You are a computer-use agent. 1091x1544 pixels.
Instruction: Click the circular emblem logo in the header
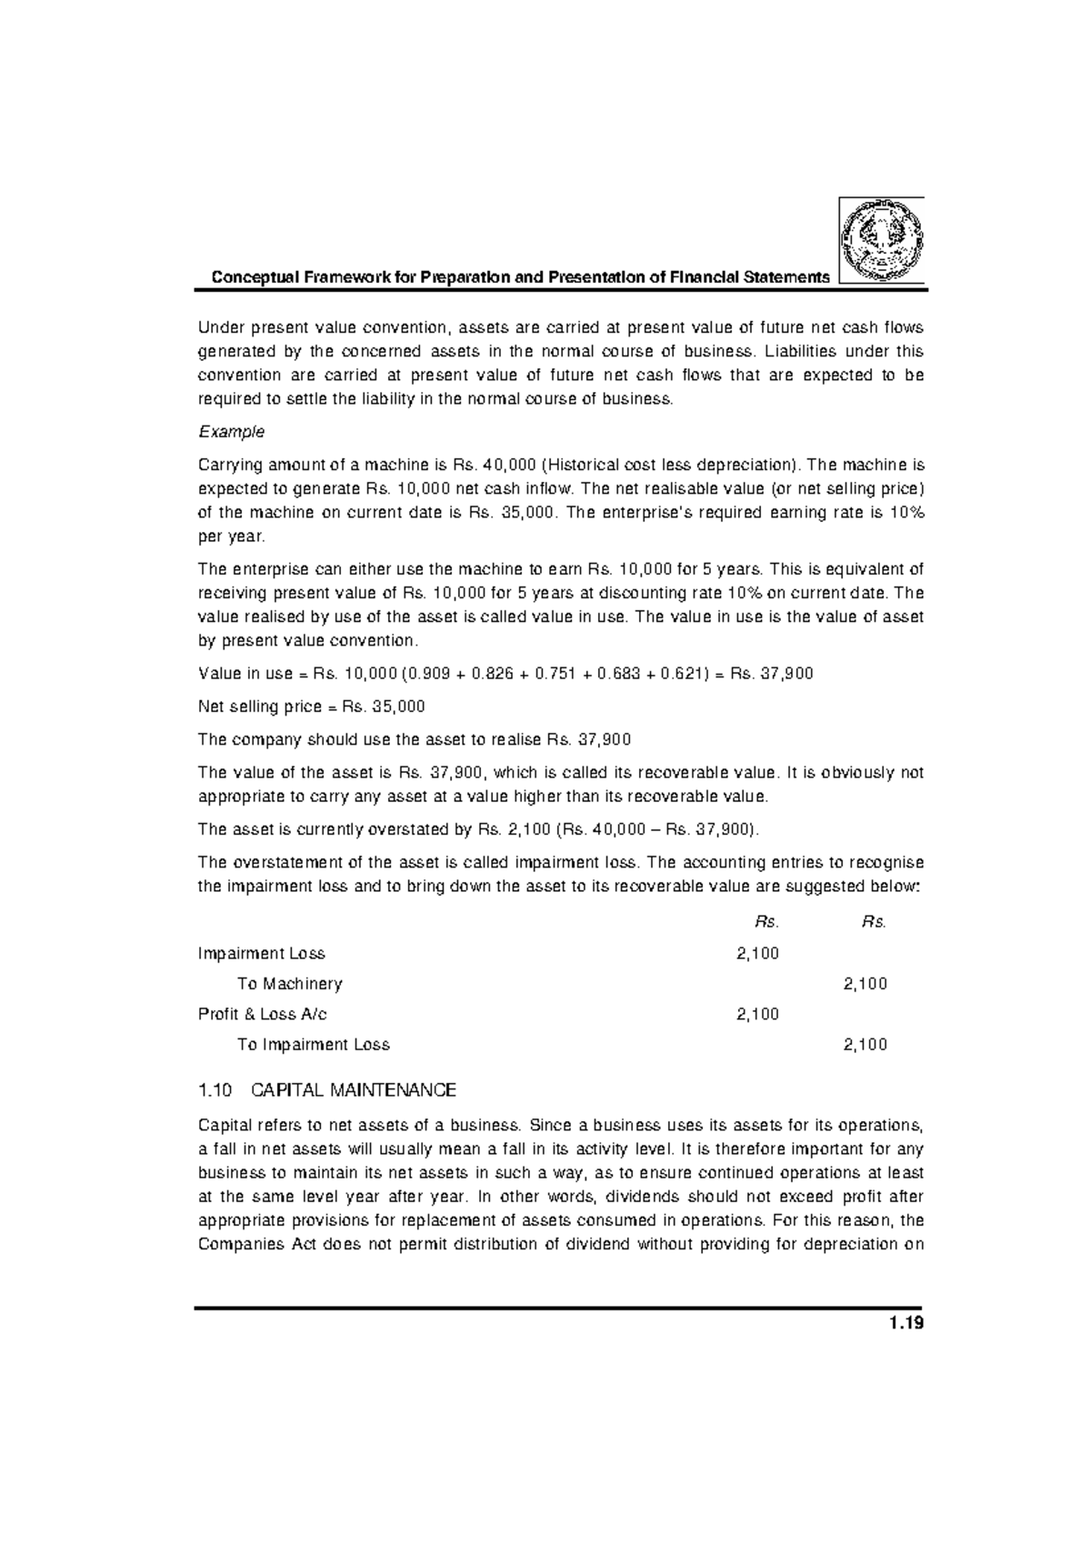coord(881,240)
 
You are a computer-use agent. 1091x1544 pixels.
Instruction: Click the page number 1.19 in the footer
coord(906,1324)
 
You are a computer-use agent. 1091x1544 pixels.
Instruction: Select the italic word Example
coord(231,431)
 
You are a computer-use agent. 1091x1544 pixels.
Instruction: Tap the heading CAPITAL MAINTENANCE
coord(353,1089)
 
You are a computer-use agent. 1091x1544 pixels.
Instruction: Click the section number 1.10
coord(216,1089)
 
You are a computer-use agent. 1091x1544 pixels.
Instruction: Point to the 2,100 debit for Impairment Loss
coord(757,953)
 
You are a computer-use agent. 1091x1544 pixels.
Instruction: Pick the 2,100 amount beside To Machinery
coord(865,984)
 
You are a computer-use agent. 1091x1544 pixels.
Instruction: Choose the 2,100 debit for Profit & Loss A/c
coord(757,1014)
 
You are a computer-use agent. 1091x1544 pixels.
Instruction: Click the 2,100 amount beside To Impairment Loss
coord(865,1045)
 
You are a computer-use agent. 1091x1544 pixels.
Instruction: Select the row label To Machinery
coord(289,984)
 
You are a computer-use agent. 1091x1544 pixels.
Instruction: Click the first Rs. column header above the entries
coord(766,922)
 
